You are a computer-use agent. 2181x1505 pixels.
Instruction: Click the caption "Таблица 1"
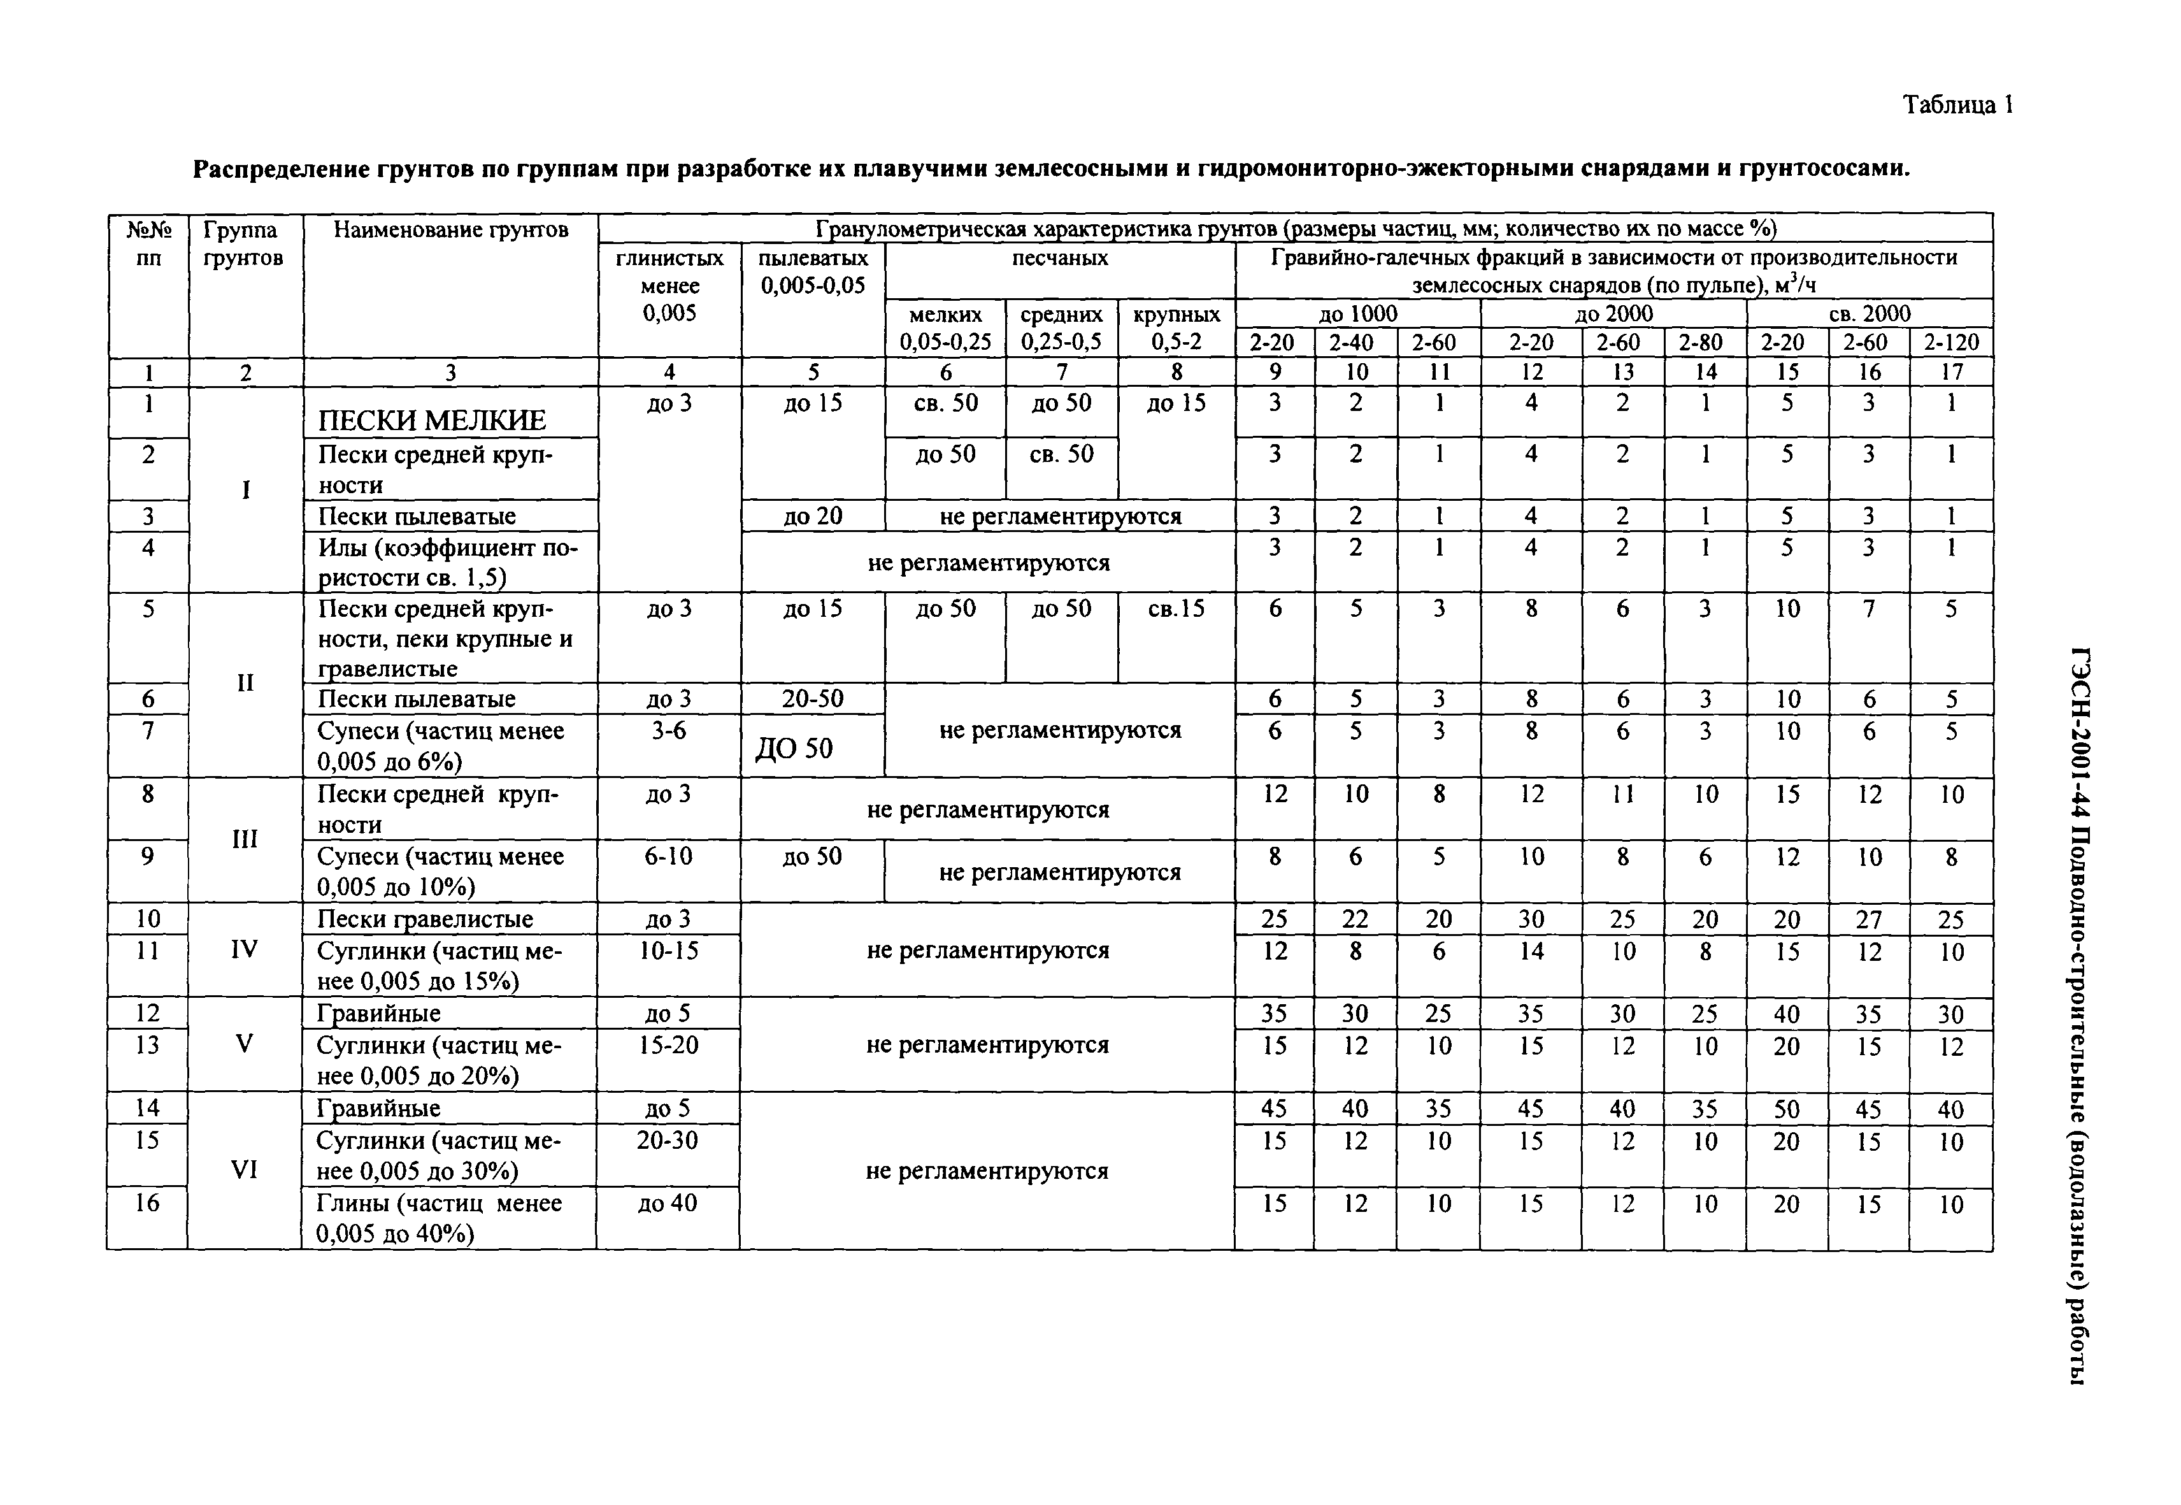pos(1957,104)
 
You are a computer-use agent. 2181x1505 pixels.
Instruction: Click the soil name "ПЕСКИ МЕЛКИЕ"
pos(432,420)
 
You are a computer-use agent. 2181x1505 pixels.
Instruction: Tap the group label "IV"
pos(244,949)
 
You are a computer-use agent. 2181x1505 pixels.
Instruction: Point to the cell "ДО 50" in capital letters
pos(794,749)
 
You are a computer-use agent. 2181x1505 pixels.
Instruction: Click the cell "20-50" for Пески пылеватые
pos(812,699)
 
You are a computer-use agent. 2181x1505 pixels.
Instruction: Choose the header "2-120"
pos(1950,342)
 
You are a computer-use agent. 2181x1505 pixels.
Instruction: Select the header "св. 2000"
pos(1869,313)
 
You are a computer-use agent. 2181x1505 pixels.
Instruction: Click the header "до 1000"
pos(1357,313)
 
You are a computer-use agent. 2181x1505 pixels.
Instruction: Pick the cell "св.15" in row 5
pos(1176,609)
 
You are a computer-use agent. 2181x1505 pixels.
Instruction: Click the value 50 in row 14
pos(1786,1109)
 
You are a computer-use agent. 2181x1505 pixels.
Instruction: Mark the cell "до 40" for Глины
pos(668,1203)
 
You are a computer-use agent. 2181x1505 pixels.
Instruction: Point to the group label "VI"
pos(244,1170)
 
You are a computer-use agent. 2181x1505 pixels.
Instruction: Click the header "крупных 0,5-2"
pos(1176,328)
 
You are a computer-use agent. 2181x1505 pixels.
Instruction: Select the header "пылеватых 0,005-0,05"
pos(812,271)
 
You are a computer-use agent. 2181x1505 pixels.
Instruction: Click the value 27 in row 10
pos(1868,919)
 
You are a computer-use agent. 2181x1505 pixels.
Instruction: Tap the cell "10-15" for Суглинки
pos(668,951)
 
